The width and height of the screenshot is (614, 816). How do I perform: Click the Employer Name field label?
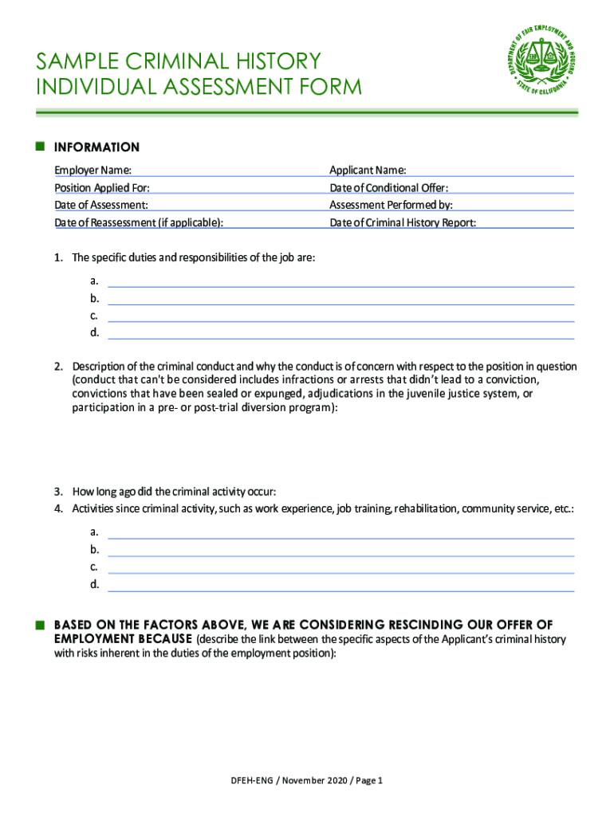click(92, 171)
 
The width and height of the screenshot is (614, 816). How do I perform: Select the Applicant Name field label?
click(368, 171)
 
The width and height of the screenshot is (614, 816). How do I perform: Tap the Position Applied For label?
click(101, 188)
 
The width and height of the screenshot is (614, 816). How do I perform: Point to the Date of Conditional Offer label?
click(388, 188)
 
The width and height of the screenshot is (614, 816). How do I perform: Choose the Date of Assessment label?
click(100, 206)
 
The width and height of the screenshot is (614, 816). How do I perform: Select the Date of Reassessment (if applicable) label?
click(138, 223)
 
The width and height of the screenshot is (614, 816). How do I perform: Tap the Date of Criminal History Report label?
click(403, 223)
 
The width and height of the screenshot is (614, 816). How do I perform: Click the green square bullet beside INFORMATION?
click(39, 147)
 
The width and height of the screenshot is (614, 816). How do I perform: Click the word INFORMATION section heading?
click(96, 147)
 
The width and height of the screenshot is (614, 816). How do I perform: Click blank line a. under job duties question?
click(340, 282)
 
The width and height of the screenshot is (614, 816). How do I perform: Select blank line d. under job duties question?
click(340, 335)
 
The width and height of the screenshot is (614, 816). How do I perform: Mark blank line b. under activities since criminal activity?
click(340, 551)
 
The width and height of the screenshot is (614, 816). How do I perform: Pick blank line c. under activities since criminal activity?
click(340, 569)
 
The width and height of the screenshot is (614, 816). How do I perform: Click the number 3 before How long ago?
click(58, 491)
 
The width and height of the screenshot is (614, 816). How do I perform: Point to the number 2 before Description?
click(58, 367)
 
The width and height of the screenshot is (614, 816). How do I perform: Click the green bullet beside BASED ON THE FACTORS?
click(39, 624)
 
